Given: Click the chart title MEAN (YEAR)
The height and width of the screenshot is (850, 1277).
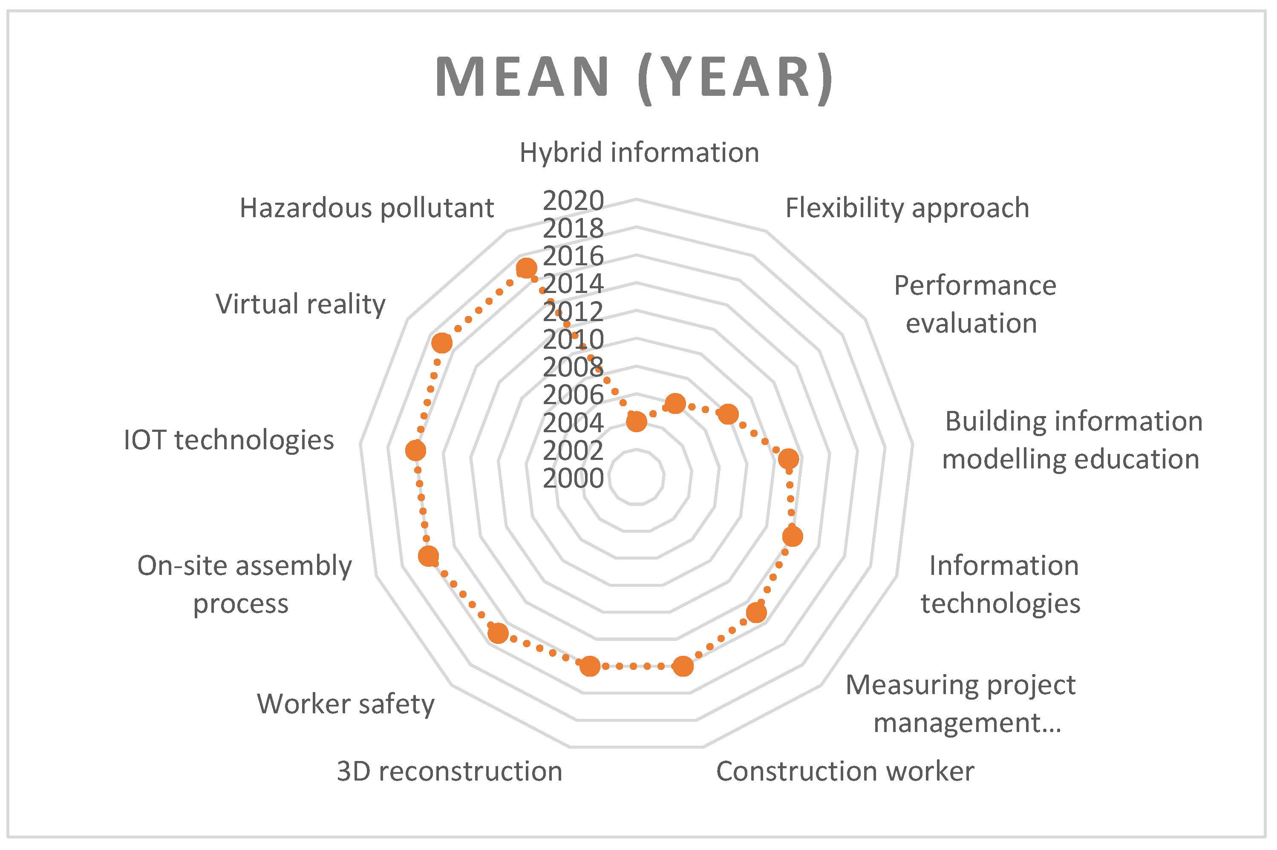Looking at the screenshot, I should pos(634,77).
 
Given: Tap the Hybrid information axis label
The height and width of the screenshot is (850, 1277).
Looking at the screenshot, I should pos(639,152).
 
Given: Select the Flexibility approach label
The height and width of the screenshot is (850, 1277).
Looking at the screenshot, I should pos(907,208).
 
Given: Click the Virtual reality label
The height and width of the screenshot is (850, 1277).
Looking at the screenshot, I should pos(300,304).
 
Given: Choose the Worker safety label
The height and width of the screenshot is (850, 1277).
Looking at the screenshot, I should pos(346,704).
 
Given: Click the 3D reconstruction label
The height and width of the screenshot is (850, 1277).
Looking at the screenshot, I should pos(449,771).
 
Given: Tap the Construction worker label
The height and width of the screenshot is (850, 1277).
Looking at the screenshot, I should pos(845,771).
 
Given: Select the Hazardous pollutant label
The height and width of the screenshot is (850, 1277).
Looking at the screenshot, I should pos(366,208).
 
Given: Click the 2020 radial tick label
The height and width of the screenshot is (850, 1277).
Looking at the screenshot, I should pos(573,201).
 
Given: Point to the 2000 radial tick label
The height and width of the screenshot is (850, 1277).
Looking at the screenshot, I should pos(573,479).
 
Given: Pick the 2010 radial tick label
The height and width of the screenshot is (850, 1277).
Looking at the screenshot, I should pos(573,340).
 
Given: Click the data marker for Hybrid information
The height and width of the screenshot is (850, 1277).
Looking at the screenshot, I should pos(637,421).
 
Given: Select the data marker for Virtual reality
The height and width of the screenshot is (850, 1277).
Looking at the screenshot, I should pos(442,343).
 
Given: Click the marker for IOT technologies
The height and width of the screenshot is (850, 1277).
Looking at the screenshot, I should pos(416,451).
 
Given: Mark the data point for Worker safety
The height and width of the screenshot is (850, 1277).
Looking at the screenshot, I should pos(498,633).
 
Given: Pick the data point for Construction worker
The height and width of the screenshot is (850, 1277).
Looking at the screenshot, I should pos(683,666).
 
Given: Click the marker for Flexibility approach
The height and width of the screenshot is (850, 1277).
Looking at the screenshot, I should pos(675,403).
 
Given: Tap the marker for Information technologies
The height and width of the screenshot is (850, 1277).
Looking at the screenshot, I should pos(792,537).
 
